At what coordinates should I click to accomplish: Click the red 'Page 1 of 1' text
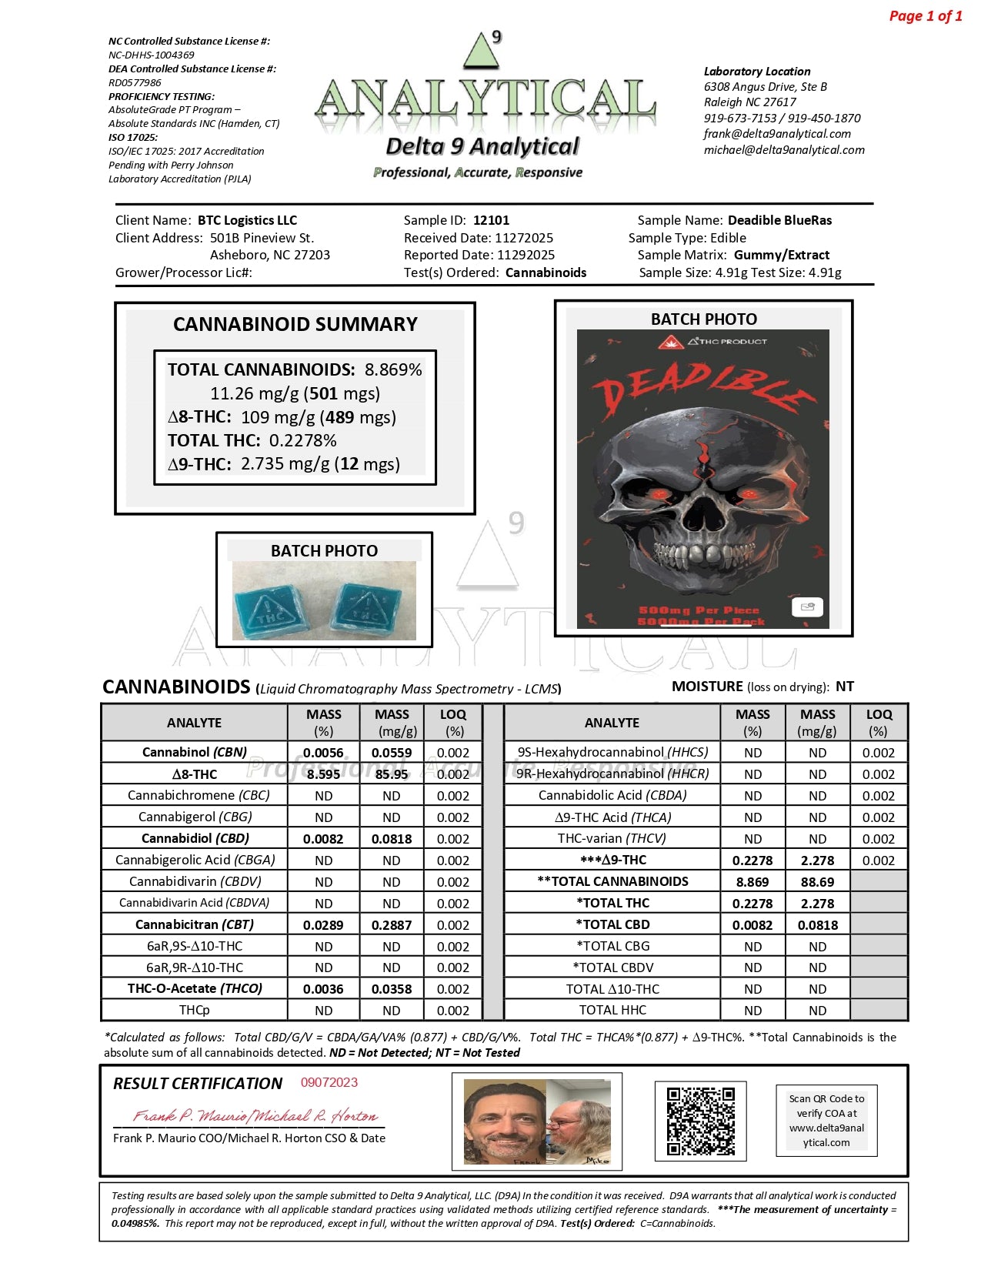pos(925,16)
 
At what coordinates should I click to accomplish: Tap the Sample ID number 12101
pos(491,220)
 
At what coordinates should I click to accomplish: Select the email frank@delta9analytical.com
pos(777,134)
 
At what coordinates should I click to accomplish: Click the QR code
pos(700,1120)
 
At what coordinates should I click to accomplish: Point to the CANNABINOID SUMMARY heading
pos(295,324)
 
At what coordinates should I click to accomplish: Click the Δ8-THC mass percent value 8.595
pos(323,774)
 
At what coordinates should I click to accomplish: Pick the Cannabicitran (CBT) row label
pos(194,924)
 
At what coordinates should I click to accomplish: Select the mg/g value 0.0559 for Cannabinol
pos(391,753)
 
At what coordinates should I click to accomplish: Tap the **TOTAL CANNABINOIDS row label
pos(612,881)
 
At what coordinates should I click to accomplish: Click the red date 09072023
pos(329,1082)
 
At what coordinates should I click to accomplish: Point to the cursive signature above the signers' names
pos(255,1115)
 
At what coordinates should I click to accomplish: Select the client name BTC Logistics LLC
pos(247,220)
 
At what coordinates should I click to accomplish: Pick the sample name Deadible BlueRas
pos(779,220)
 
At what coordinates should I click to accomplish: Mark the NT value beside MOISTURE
pos(844,687)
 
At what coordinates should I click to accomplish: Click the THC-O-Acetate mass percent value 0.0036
pos(323,989)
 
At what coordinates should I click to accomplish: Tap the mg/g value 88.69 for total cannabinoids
pos(817,882)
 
